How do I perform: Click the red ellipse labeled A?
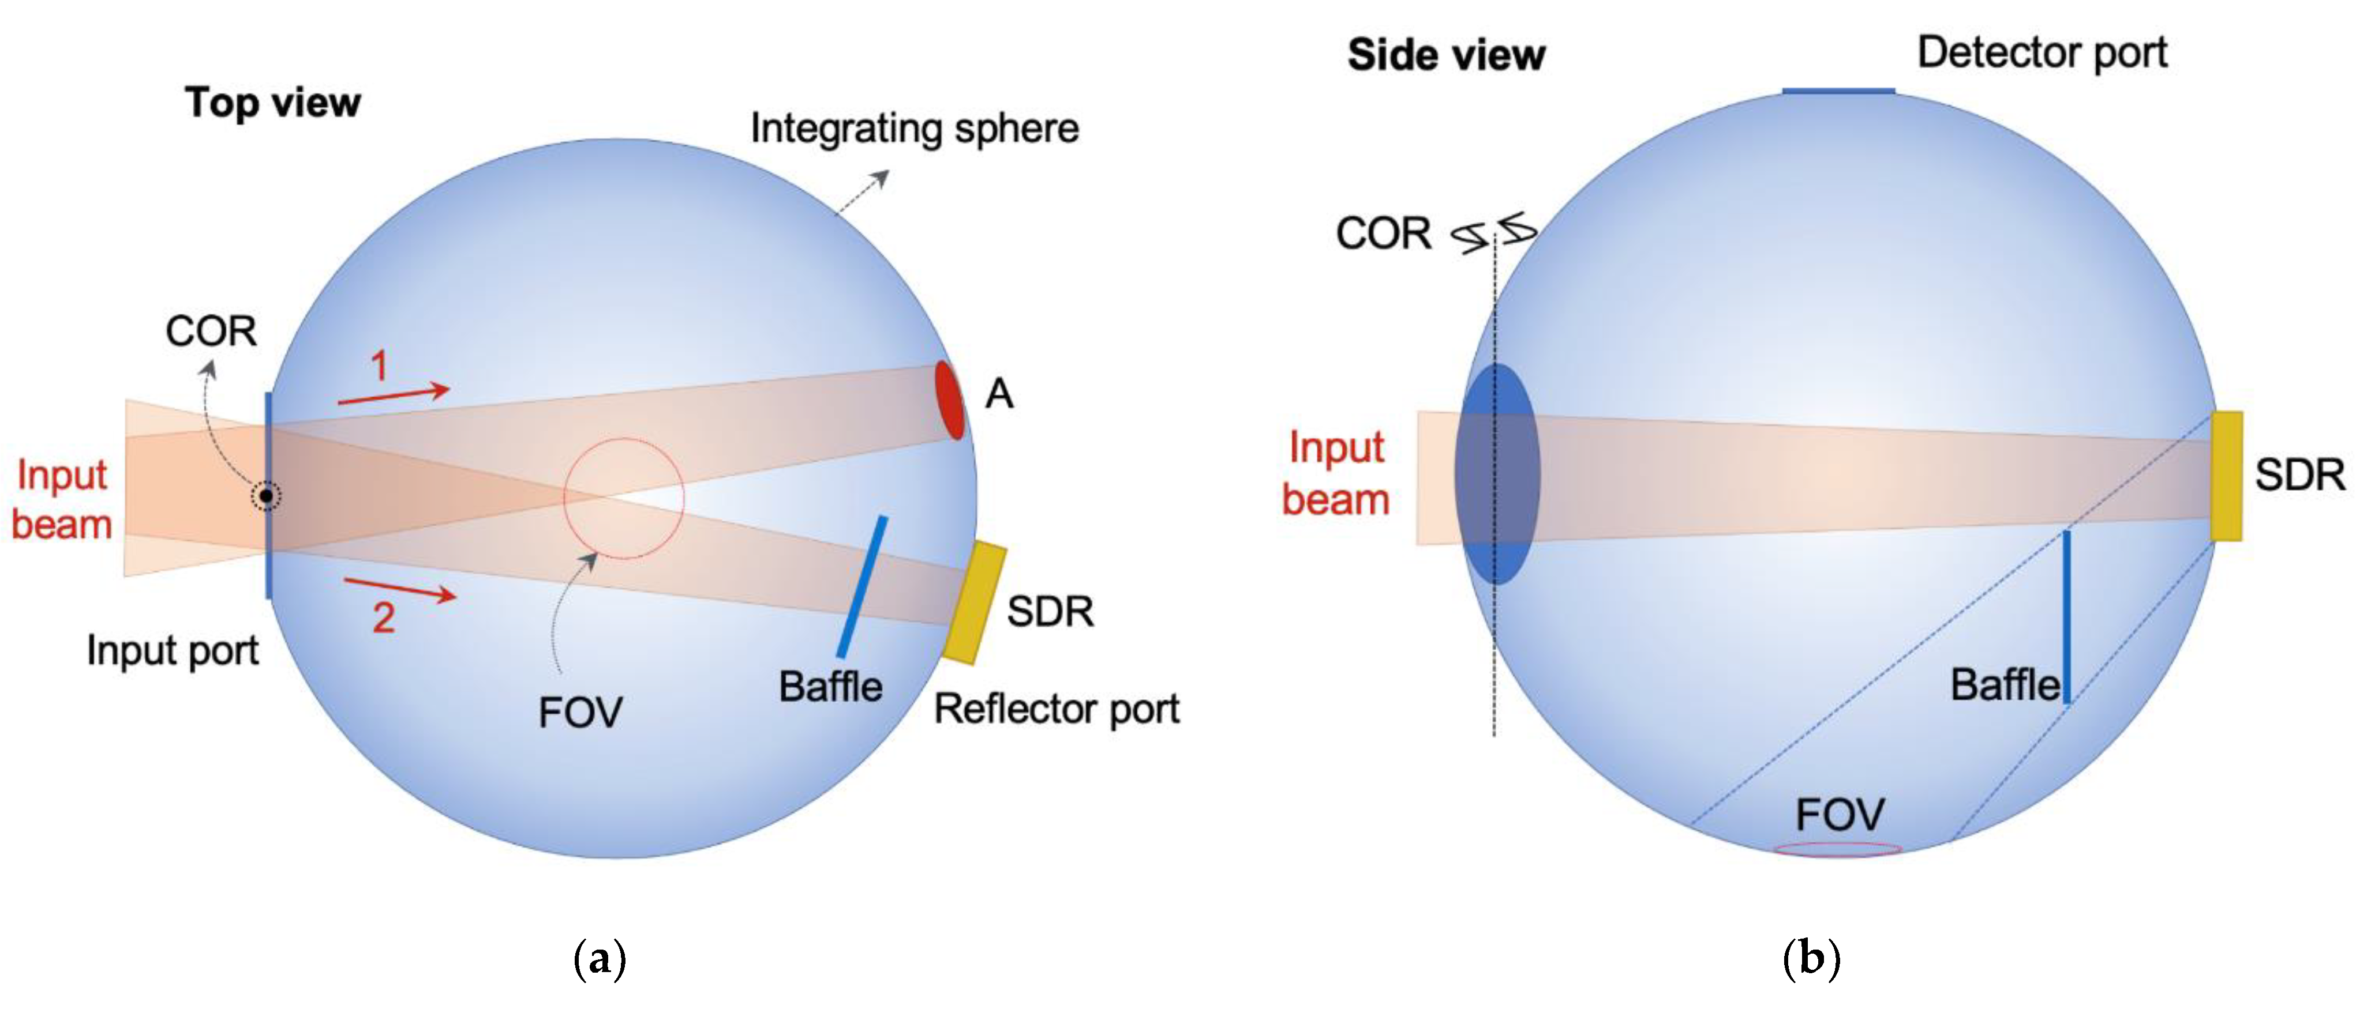coord(950,400)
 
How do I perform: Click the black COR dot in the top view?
coord(266,496)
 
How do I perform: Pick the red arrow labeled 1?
coord(394,395)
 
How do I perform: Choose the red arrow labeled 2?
coord(400,590)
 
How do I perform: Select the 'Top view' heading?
coord(272,102)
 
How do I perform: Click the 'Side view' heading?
coord(1446,55)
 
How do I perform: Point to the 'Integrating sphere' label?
coord(914,129)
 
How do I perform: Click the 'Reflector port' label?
coord(1057,709)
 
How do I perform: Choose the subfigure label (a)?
coord(599,959)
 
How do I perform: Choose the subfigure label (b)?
coord(1811,959)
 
